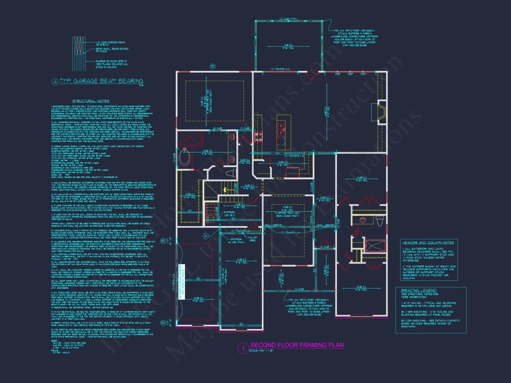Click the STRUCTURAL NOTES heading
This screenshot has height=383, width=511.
pyautogui.click(x=91, y=101)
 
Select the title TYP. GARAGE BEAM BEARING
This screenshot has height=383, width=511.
pyautogui.click(x=101, y=81)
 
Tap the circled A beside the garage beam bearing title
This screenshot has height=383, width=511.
pyautogui.click(x=55, y=82)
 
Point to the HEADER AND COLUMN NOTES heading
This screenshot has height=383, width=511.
pyautogui.click(x=428, y=242)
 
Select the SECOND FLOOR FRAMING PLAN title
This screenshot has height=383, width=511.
pyautogui.click(x=297, y=345)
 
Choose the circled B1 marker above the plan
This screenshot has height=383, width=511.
pyautogui.click(x=213, y=66)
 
